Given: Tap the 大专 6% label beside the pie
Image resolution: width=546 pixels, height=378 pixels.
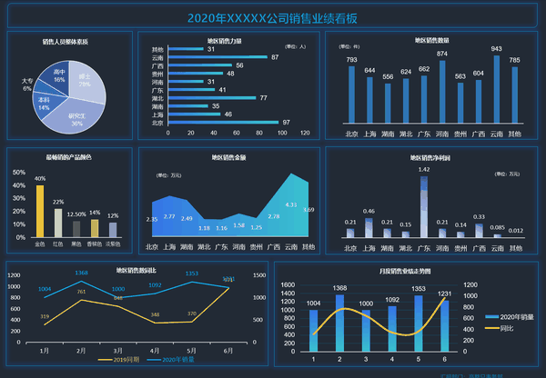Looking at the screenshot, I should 27,85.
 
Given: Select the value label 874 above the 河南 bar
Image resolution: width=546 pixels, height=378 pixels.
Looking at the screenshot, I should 442,54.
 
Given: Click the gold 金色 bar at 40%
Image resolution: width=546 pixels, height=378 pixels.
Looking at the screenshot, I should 40,211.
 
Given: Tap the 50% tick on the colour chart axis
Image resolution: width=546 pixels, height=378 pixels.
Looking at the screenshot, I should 18,172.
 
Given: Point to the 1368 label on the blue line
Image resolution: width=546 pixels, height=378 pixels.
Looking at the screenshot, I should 81,272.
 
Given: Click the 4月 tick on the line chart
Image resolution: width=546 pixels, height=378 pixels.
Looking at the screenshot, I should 155,349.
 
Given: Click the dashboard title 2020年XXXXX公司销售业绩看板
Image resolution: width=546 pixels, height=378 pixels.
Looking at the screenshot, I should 272,17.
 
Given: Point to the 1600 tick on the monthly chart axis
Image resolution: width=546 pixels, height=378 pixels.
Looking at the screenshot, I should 287,284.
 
